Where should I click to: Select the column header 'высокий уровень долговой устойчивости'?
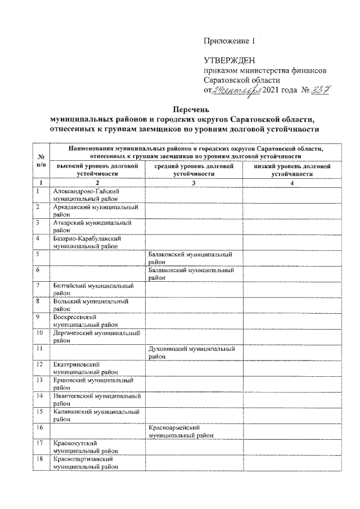[97, 170]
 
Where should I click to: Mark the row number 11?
[40, 349]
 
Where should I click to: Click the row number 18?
[40, 460]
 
